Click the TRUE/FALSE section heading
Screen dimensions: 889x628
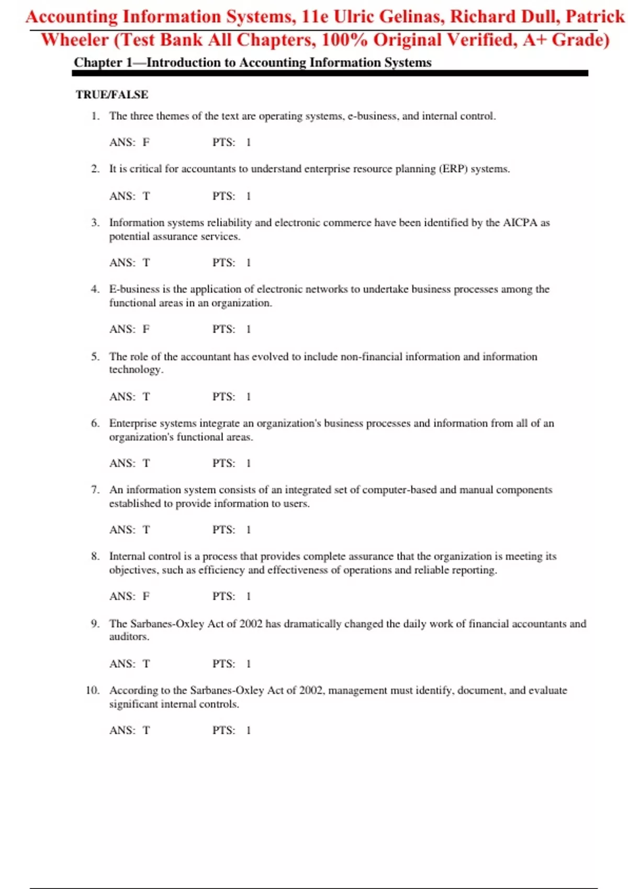[112, 95]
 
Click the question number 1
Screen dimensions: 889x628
[95, 116]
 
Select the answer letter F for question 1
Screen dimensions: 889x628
[146, 142]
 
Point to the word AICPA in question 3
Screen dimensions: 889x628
[520, 223]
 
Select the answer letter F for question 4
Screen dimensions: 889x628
[146, 329]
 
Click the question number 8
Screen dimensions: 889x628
[95, 556]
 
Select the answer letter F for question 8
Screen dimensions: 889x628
[146, 597]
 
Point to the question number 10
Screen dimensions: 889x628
[93, 690]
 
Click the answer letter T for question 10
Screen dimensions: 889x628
[146, 731]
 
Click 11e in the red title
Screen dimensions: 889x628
[315, 17]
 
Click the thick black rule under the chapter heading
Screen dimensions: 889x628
[330, 74]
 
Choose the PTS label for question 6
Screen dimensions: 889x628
[223, 463]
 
